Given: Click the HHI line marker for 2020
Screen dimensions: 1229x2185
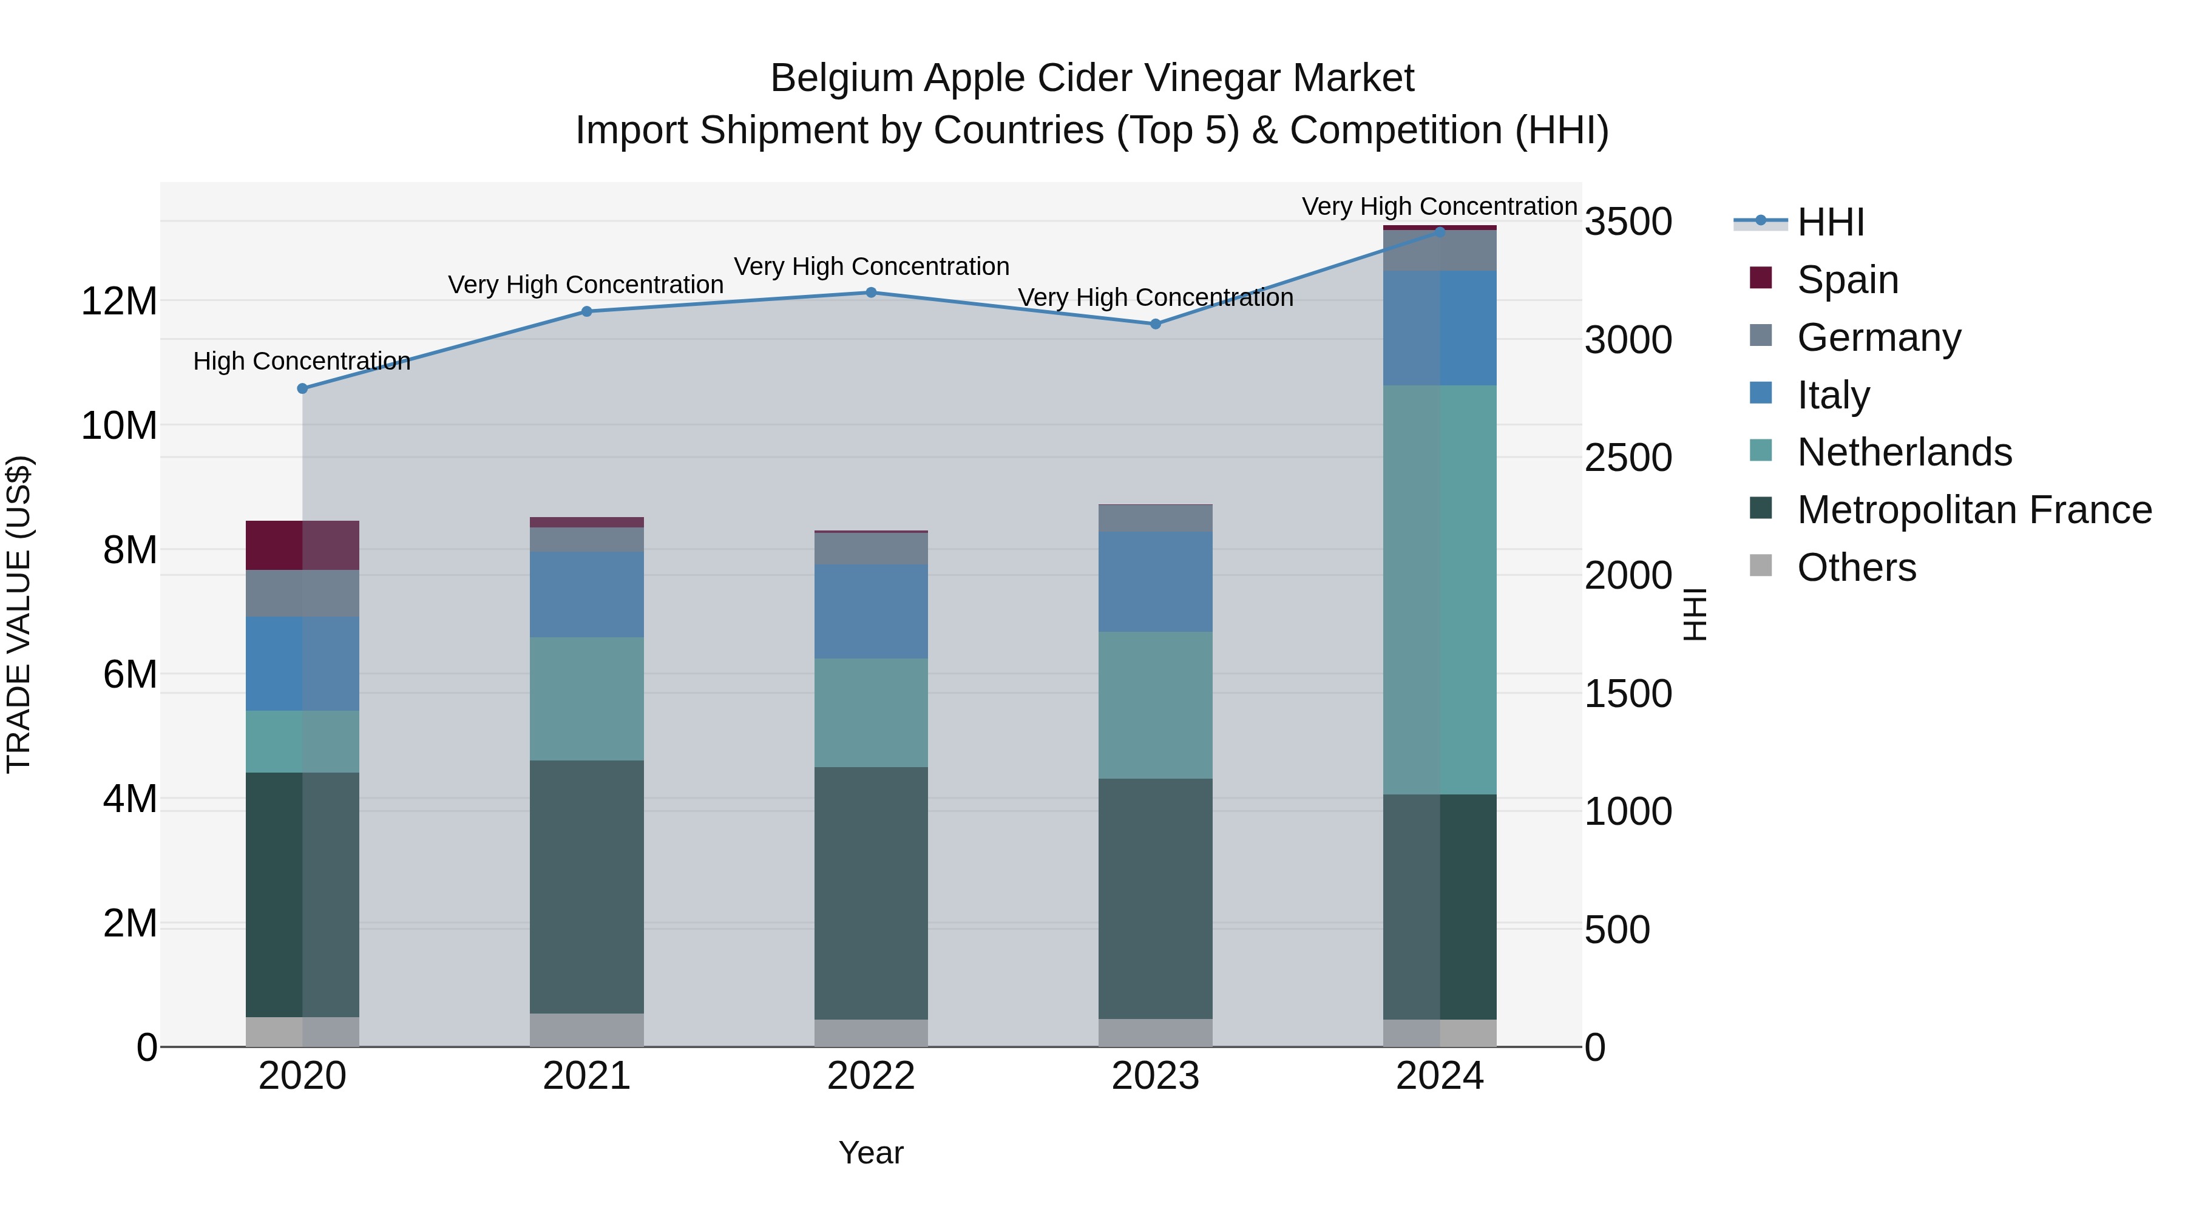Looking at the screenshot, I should (302, 388).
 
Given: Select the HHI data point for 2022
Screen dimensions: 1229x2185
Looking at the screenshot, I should (871, 293).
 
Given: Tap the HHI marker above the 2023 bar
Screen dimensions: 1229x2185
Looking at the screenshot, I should (1155, 324).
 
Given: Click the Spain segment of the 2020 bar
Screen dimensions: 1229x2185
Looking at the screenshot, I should (302, 546).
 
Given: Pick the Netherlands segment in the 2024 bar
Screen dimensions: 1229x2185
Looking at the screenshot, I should (1440, 589).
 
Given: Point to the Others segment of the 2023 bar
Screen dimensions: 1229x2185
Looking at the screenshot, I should (1155, 1032).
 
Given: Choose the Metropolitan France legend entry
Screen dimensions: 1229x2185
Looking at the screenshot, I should (1973, 510).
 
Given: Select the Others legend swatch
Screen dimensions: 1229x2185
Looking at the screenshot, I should (1761, 566).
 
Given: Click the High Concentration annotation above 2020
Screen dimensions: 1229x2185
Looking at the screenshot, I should (302, 361).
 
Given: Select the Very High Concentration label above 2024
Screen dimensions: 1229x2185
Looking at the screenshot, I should (1440, 206).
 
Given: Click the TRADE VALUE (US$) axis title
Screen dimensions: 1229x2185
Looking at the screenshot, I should (19, 614).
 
